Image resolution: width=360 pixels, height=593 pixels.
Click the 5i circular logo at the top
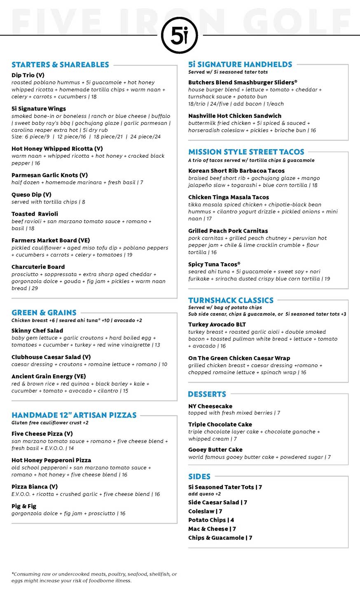pyautogui.click(x=179, y=35)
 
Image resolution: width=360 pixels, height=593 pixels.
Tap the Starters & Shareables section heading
pyautogui.click(x=60, y=65)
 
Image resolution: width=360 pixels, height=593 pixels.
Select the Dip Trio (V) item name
pyautogui.click(x=28, y=75)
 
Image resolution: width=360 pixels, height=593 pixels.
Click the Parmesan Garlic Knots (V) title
pyautogui.click(x=49, y=175)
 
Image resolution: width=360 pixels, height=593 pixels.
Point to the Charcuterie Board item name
pyautogui.click(x=38, y=267)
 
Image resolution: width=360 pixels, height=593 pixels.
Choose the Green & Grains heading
pyautogui.click(x=44, y=313)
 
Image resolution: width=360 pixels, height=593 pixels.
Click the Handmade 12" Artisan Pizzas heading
pyautogui.click(x=74, y=415)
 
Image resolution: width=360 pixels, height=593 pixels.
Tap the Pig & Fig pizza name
pyautogui.click(x=24, y=506)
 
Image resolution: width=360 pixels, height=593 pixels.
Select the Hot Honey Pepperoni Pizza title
pyautogui.click(x=51, y=460)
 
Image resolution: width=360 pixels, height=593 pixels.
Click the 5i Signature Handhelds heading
pyautogui.click(x=240, y=64)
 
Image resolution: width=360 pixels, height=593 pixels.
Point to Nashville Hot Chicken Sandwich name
pyautogui.click(x=235, y=116)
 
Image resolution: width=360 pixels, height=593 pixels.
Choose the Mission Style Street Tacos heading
pyautogui.click(x=246, y=152)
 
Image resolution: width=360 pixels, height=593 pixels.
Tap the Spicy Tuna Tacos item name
pyautogui.click(x=214, y=264)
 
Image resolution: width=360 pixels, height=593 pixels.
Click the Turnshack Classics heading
pyautogui.click(x=231, y=300)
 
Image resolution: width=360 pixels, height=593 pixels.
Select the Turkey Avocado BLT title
pyautogui.click(x=217, y=325)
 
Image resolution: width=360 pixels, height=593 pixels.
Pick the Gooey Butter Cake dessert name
pyautogui.click(x=215, y=450)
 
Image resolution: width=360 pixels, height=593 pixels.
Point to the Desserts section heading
pyautogui.click(x=207, y=394)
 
